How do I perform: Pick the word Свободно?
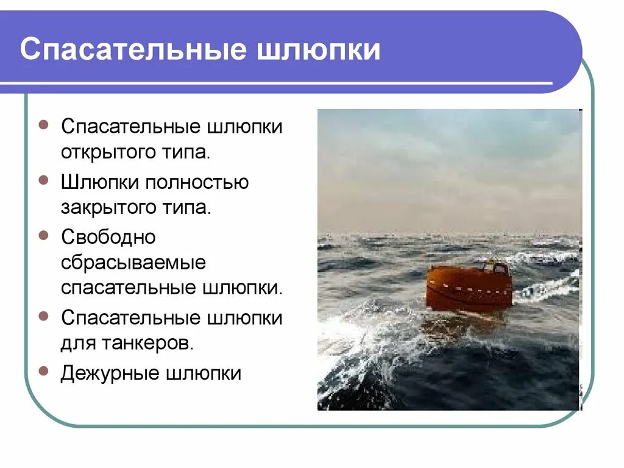point(108,236)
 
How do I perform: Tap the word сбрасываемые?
point(133,263)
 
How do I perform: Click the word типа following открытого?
point(189,153)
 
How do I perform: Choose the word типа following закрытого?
point(189,208)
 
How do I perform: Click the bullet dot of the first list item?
point(43,124)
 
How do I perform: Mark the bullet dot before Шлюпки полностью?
point(43,180)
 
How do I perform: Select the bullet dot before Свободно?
point(43,235)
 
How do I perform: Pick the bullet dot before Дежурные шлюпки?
point(43,370)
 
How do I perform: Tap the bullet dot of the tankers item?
point(43,316)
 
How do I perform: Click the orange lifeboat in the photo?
point(467,289)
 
